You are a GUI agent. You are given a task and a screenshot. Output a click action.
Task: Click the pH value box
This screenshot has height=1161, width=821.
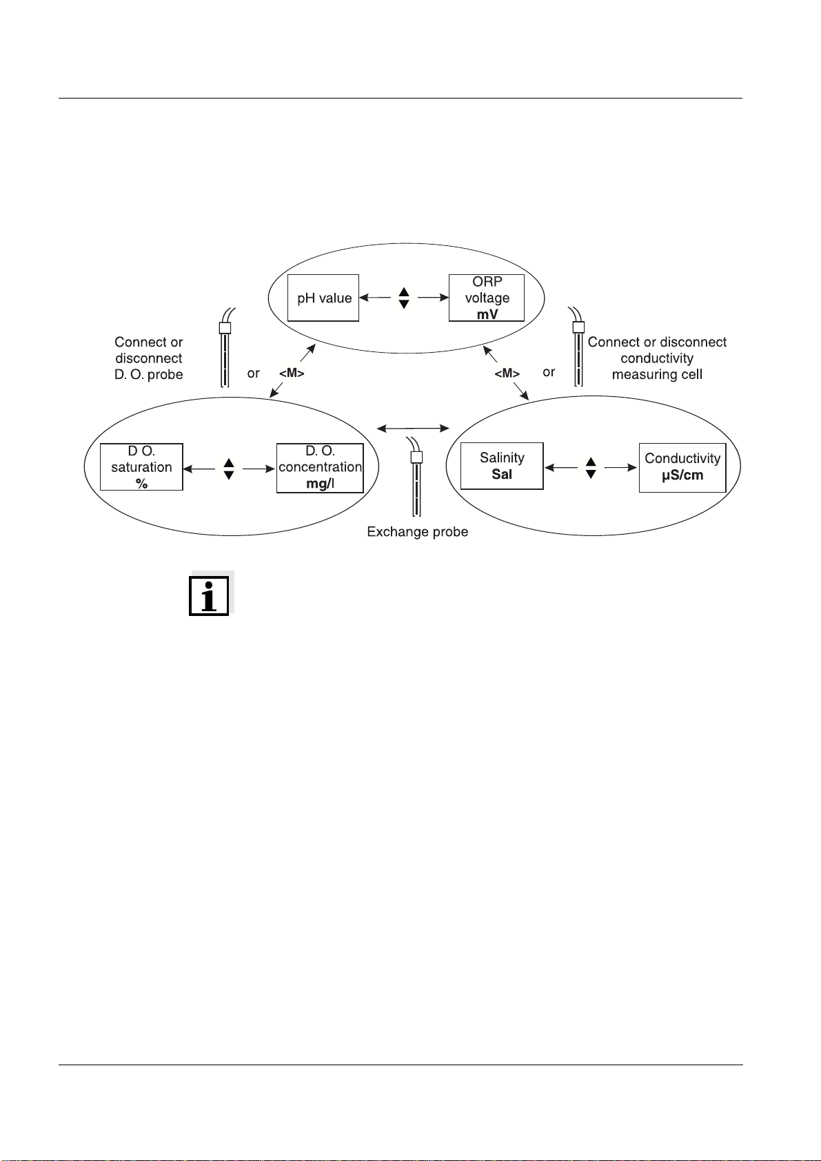323,298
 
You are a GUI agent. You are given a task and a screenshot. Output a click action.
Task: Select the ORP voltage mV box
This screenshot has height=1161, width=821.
487,298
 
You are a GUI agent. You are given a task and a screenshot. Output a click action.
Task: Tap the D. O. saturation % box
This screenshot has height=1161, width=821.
141,467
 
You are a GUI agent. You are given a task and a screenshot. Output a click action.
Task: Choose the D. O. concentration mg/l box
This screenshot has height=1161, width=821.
320,468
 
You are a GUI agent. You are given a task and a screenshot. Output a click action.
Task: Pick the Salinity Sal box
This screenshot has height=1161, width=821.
502,466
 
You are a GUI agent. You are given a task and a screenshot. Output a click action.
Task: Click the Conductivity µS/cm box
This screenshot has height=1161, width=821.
682,468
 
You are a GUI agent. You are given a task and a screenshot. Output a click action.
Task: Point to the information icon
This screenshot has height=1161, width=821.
209,595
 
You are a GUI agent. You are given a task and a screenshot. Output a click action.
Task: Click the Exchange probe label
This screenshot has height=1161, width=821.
418,532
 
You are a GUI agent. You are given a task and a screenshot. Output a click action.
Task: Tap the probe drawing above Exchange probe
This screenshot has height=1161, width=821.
416,477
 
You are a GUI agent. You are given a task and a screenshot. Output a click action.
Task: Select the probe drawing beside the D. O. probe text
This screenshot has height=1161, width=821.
225,348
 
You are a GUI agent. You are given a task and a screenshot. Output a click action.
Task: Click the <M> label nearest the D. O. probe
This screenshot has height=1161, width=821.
292,373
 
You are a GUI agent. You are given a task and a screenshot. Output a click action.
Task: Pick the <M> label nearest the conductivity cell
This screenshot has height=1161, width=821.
507,373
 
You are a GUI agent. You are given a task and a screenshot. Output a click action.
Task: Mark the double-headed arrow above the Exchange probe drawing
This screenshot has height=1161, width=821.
413,428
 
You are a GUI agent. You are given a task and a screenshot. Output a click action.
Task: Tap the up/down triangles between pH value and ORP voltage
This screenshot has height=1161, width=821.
404,298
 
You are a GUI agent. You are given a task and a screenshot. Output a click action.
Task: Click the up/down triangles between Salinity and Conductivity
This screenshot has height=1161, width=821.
591,468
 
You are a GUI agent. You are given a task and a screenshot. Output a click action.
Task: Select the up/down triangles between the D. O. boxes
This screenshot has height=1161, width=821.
229,469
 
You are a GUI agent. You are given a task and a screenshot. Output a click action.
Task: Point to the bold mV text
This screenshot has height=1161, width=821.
487,315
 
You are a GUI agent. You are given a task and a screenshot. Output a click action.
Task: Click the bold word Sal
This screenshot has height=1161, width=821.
502,474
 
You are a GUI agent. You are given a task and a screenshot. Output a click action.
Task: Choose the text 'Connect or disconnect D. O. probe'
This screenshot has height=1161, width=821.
149,358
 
